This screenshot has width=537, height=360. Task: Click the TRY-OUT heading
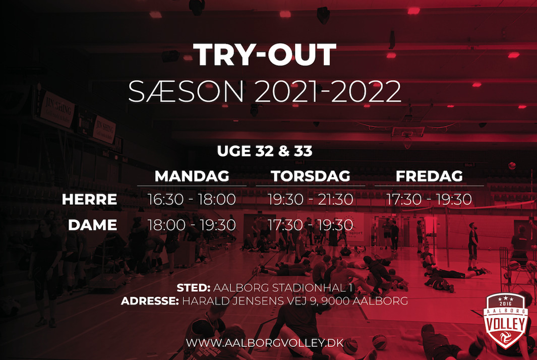coord(264,54)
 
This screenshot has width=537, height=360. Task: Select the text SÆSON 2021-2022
coord(264,91)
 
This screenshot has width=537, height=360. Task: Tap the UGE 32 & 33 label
coord(264,151)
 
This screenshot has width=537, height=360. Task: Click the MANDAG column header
coord(192,176)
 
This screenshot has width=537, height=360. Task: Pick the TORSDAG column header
coord(311,176)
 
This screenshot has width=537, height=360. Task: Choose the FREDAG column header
coord(429,176)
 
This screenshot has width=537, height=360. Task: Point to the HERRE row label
coord(89,199)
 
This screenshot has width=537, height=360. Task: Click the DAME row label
coord(92,225)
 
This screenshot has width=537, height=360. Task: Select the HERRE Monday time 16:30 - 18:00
coord(192,199)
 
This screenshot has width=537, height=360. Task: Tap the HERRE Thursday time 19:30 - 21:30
coord(310,199)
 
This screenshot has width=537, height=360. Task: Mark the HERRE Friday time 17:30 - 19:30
coord(429,199)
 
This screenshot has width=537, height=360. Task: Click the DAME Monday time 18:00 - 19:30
coord(192,225)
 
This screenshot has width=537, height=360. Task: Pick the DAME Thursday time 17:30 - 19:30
coord(310,225)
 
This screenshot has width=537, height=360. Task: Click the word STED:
coord(194,288)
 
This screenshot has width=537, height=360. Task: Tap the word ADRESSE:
coord(150,301)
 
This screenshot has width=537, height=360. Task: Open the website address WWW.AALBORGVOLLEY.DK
coord(265,343)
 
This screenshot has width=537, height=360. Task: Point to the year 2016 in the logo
coord(506,304)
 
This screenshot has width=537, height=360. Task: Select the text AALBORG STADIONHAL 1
coord(283,288)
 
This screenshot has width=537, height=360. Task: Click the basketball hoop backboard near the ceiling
coord(408,132)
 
